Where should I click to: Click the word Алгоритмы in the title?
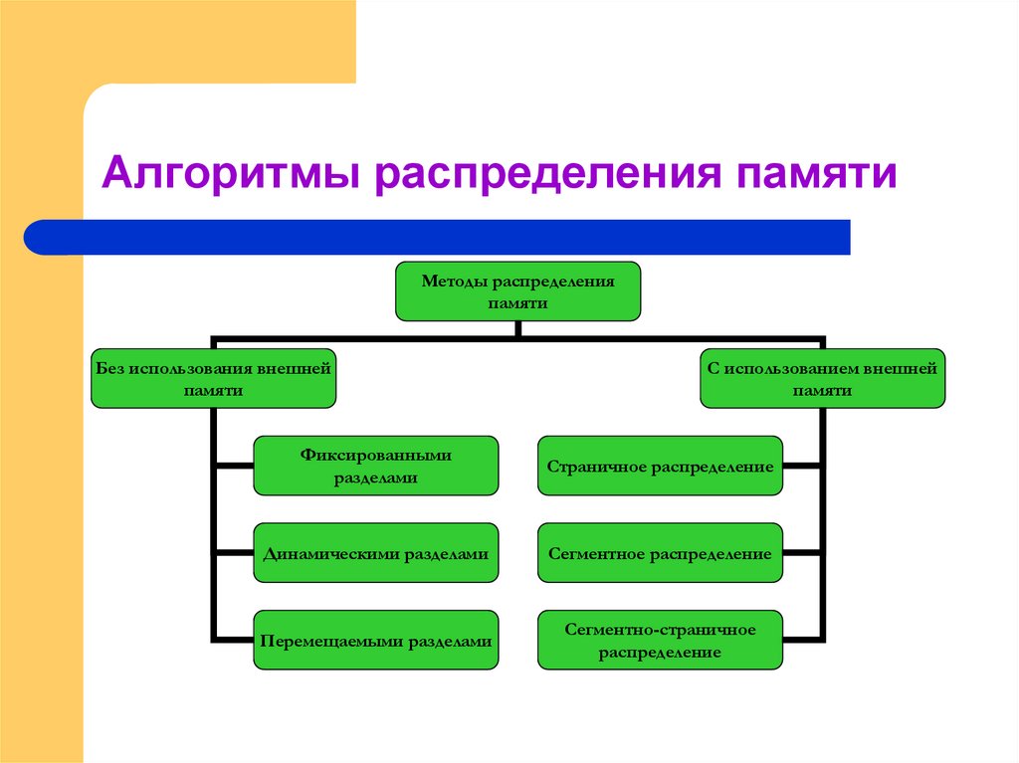coord(232,174)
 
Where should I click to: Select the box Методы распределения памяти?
coord(517,291)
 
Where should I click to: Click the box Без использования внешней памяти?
coord(213,379)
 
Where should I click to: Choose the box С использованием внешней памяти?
coord(822,379)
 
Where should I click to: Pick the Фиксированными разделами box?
coord(375,466)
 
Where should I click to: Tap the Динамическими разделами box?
coord(375,553)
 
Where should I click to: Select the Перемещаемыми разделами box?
coord(375,641)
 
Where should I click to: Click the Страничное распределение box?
coord(660,466)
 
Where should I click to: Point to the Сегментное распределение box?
coord(660,553)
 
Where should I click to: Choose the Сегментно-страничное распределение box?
coord(660,641)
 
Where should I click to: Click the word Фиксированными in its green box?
coord(375,455)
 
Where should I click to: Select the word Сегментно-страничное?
coord(660,630)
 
